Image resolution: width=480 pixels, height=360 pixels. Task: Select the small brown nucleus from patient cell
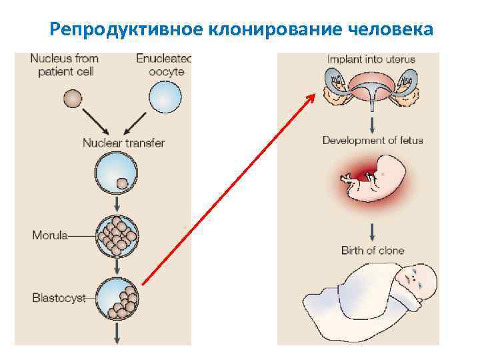[x=70, y=99]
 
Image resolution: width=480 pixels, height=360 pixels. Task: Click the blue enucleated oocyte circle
[x=165, y=98]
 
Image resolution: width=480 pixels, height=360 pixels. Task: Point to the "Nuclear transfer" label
[x=123, y=143]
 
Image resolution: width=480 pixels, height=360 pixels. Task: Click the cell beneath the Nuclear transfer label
[x=117, y=173]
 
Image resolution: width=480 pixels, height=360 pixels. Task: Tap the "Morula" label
[x=50, y=235]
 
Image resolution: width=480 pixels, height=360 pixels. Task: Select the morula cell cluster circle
[x=117, y=234]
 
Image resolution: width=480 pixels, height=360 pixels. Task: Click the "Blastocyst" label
[x=59, y=298]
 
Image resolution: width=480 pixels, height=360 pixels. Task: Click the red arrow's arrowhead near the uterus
[x=311, y=98]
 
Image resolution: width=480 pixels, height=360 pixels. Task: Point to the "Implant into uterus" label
[x=371, y=59]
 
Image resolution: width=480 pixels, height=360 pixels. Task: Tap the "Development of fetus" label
[x=373, y=141]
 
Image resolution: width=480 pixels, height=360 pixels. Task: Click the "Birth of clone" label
[x=373, y=251]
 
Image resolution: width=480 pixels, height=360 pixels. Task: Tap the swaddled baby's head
[x=417, y=279]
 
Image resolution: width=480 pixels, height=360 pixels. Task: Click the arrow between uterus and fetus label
[x=372, y=122]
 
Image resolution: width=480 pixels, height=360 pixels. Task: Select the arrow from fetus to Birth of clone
[x=372, y=231]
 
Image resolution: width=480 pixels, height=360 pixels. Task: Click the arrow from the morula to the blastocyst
[x=117, y=266]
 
